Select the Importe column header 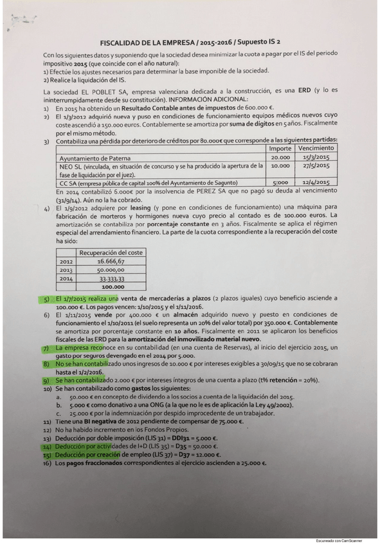pos(280,148)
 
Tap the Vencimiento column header pos(316,148)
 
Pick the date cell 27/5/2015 pos(316,165)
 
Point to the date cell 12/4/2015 pos(316,182)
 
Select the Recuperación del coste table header pos(113,252)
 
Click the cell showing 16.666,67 pos(113,261)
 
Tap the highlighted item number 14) pos(46,446)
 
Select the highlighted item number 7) pos(46,348)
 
